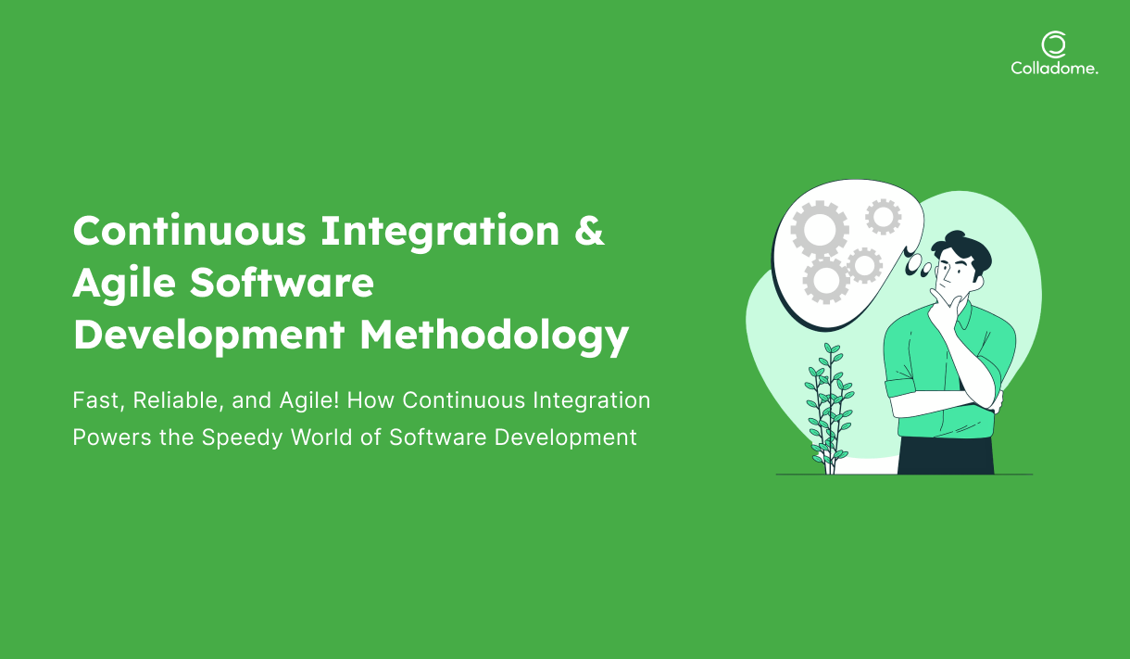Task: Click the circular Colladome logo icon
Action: (1054, 44)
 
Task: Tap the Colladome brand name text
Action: (1054, 69)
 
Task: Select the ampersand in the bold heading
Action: (589, 230)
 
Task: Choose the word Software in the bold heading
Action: (282, 282)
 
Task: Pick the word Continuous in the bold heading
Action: (190, 230)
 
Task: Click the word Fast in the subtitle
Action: (98, 401)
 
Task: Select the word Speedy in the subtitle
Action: (242, 438)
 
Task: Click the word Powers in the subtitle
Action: (112, 437)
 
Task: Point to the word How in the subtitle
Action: (370, 400)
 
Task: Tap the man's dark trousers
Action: (946, 455)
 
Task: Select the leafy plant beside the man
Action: (829, 409)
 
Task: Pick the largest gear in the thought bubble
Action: (819, 229)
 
